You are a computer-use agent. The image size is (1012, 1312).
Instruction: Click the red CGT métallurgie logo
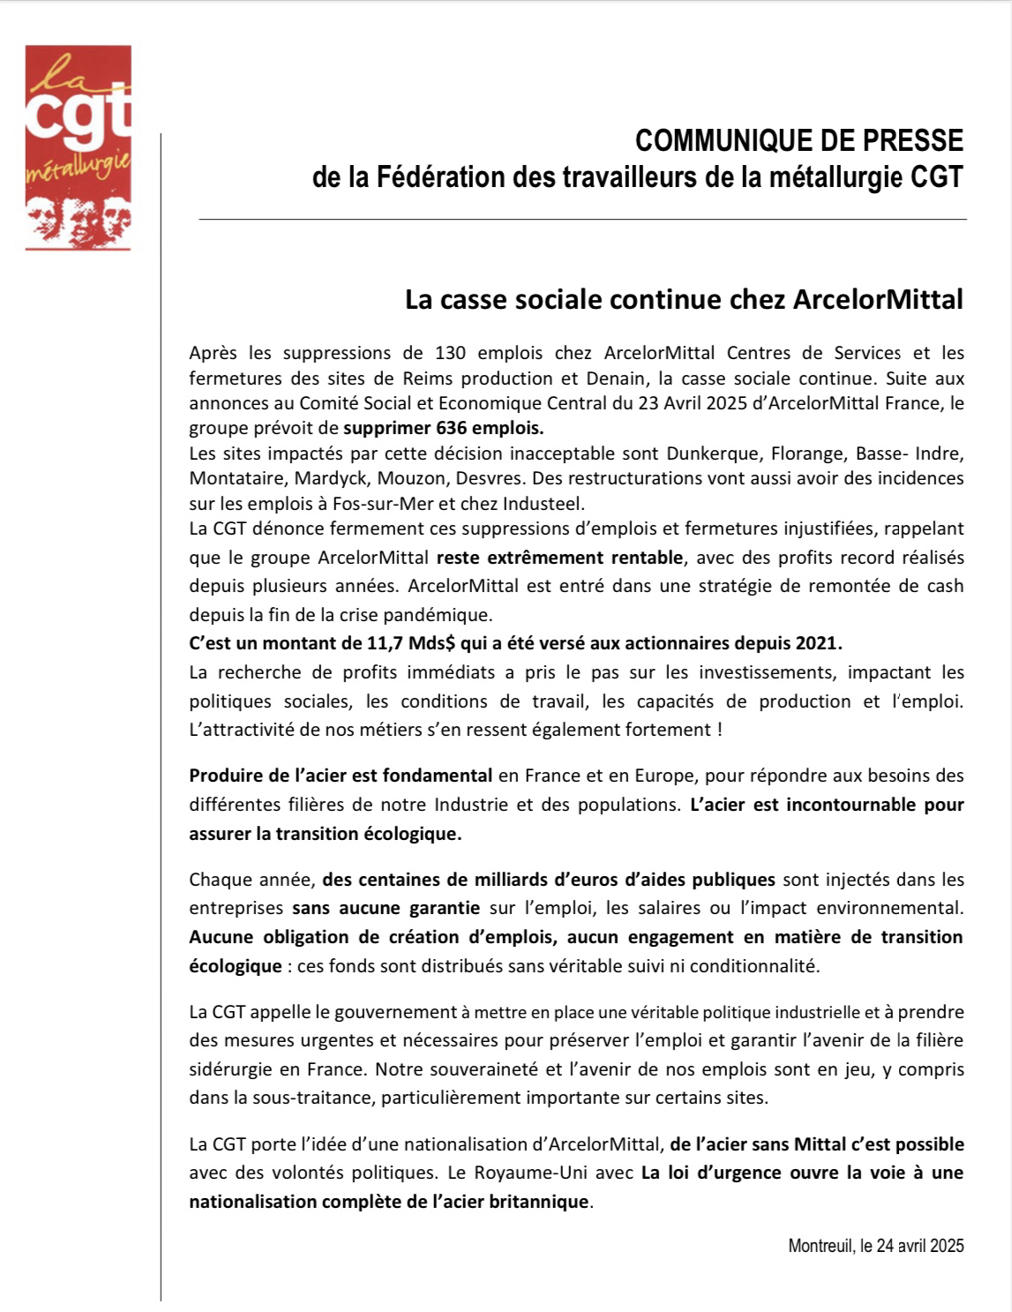(78, 147)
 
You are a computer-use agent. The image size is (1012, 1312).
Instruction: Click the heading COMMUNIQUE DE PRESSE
(799, 141)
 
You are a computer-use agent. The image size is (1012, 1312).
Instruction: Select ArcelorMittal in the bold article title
(878, 300)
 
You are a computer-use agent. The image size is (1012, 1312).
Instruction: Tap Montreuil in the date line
(820, 1246)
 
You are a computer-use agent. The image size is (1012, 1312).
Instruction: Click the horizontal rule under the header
(582, 219)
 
